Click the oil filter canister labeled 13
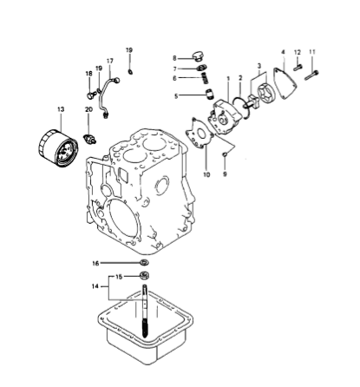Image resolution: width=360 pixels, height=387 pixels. tap(58, 148)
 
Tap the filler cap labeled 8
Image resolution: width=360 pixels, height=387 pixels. tap(198, 56)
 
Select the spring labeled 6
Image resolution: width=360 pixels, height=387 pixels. tap(205, 78)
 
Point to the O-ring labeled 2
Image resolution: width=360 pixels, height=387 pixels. tap(241, 108)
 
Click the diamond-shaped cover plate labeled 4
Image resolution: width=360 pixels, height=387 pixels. tap(285, 83)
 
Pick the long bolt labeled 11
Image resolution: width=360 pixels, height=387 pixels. tap(311, 75)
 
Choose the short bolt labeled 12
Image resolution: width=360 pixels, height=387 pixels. tap(298, 68)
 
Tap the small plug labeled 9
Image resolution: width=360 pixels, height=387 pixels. tap(225, 155)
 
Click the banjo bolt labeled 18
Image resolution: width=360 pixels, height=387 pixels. tap(90, 95)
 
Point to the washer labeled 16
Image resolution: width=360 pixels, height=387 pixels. tap(144, 262)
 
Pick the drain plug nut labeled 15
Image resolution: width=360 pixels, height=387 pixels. tap(144, 275)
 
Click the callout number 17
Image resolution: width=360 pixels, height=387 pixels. tap(110, 61)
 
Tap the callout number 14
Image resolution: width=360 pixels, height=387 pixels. tap(95, 286)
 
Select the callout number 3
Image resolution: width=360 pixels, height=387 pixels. tap(259, 66)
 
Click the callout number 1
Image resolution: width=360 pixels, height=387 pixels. tap(228, 78)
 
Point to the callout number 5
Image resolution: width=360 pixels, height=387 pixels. tap(176, 96)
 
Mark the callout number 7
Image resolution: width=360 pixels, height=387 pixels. tap(174, 69)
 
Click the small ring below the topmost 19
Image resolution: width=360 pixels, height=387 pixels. tap(130, 71)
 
